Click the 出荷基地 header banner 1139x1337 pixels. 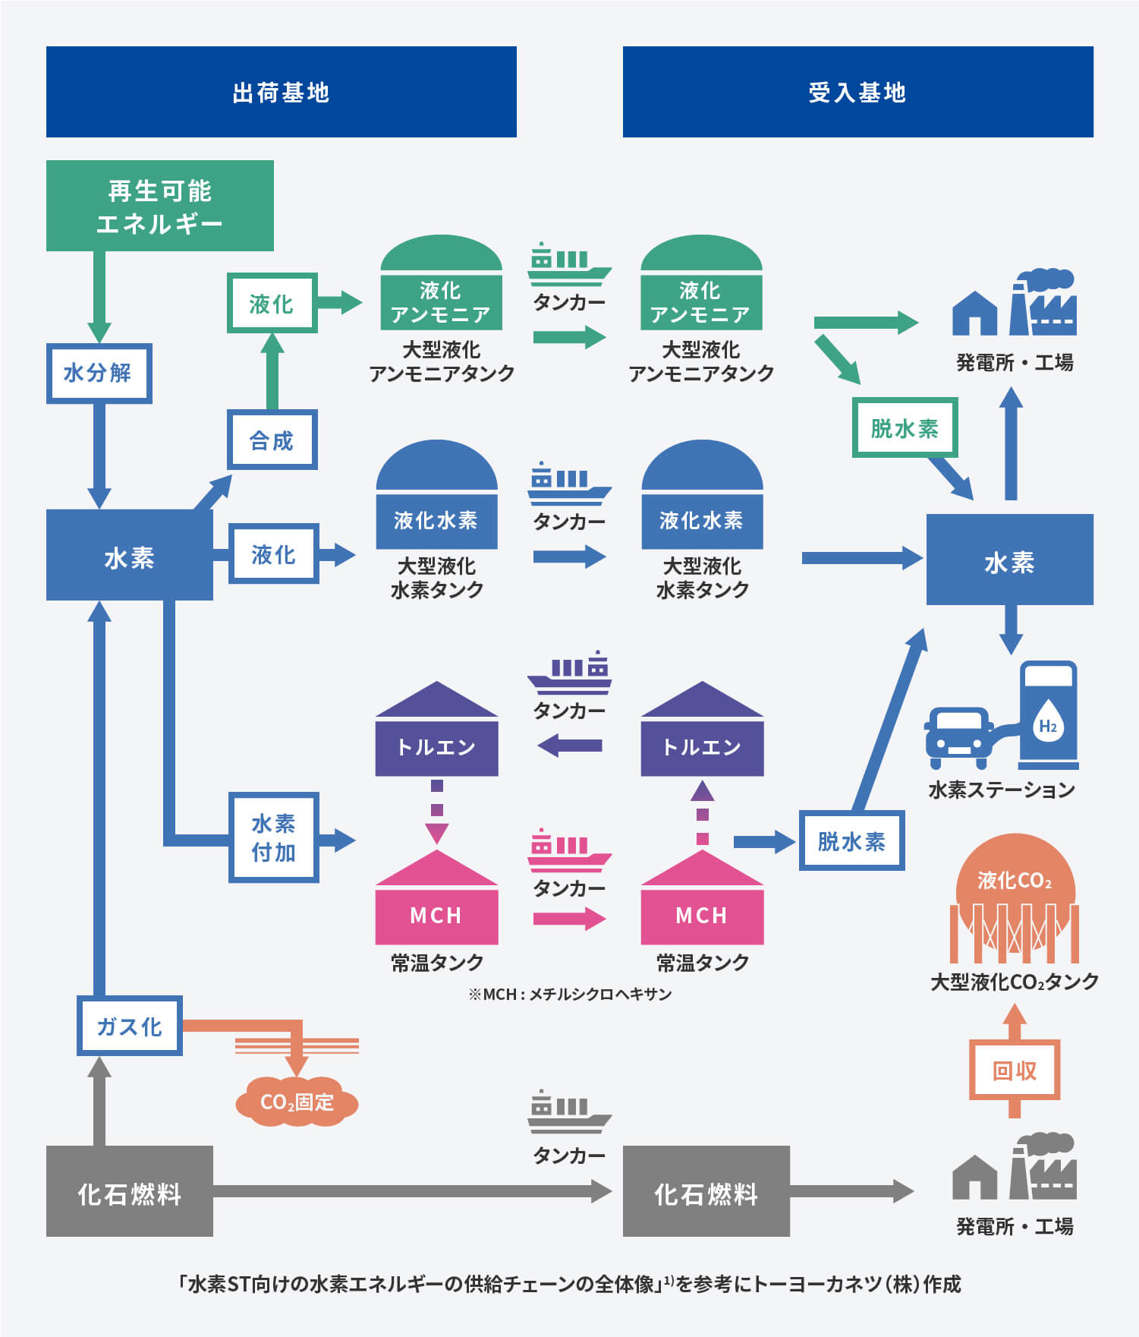pos(281,92)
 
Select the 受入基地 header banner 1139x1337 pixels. pos(857,92)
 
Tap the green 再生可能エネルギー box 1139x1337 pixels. pos(159,206)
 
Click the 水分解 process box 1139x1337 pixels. pos(99,373)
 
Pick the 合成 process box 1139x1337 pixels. pos(272,440)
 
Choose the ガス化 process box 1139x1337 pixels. pos(129,1026)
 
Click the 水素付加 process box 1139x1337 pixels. pos(273,837)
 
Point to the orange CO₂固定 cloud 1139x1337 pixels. pos(297,1102)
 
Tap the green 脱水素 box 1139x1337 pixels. pos(905,427)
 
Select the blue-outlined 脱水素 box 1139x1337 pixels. pos(851,840)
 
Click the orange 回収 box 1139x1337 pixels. pos(1015,1071)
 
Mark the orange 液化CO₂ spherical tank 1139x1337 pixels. pos(1015,899)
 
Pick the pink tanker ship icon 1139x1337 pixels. pos(569,850)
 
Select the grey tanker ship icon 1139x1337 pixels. pos(569,1112)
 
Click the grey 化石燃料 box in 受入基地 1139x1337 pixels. pos(706,1191)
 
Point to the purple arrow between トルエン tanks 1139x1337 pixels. pos(569,746)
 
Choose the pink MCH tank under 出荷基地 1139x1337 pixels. pos(437,897)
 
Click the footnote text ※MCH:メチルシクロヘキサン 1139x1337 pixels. pos(570,994)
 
